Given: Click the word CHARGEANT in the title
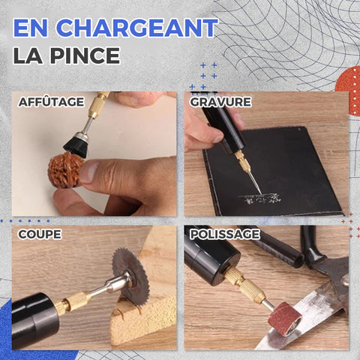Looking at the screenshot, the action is click(x=137, y=28).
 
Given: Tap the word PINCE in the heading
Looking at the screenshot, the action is click(x=85, y=55).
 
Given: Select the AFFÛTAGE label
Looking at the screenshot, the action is click(x=51, y=102).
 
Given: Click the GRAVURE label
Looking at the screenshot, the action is click(x=220, y=102).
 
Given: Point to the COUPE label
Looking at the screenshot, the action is click(x=40, y=234).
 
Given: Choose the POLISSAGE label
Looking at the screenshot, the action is click(x=225, y=234).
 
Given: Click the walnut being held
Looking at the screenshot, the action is click(x=65, y=169).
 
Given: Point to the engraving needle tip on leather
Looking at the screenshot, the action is click(x=261, y=193).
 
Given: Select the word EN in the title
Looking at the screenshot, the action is click(x=31, y=28).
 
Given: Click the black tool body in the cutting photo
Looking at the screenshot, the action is click(x=35, y=320).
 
